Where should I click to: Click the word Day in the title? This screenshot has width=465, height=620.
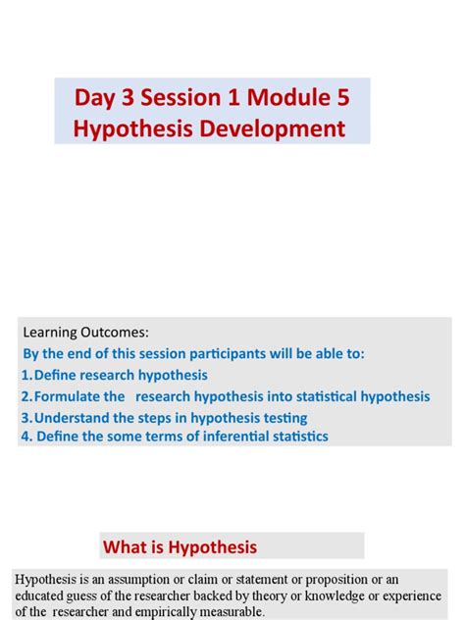click(96, 98)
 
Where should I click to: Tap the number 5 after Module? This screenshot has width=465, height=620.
click(341, 98)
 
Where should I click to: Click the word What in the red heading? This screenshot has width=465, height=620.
click(128, 546)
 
